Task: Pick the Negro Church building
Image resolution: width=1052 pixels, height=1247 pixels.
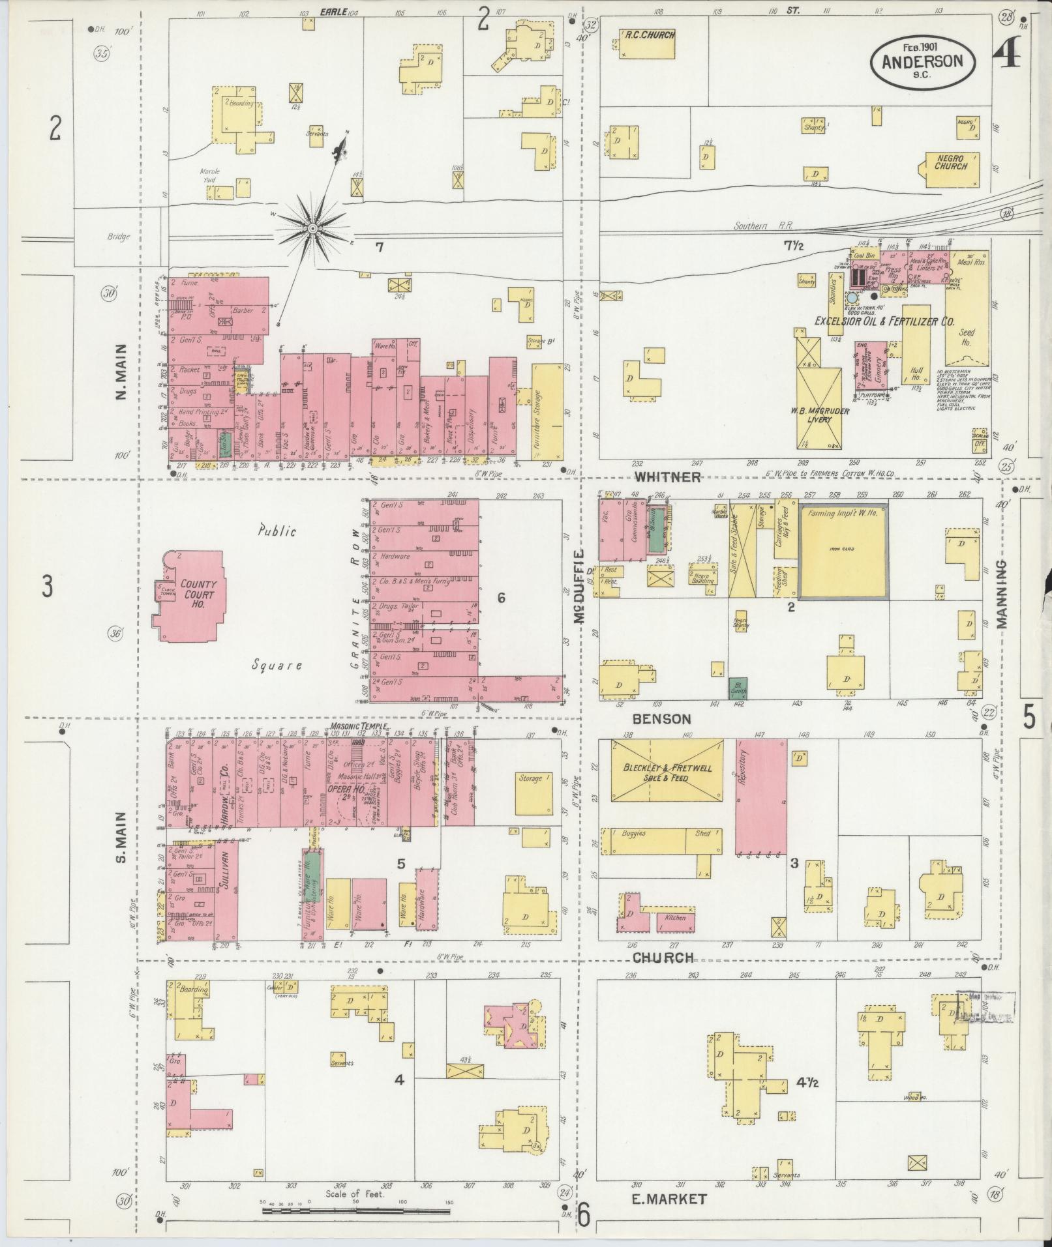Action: (950, 166)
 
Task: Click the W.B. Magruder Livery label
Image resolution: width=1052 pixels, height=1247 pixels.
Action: (819, 415)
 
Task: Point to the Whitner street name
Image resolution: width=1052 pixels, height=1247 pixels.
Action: (668, 477)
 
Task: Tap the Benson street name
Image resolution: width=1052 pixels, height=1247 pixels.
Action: (662, 719)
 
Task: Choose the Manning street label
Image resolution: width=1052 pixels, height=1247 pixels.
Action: (1002, 594)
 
